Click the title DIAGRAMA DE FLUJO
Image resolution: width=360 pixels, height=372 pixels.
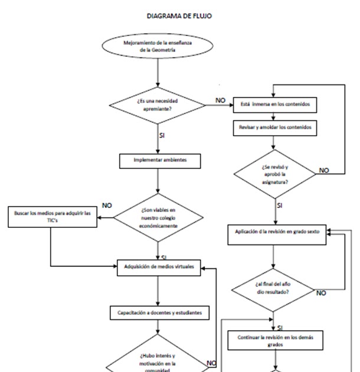179,17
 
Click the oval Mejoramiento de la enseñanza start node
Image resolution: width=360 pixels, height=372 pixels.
157,47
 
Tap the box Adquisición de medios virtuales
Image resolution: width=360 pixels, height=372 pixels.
159,267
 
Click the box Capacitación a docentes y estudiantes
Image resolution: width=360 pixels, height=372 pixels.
159,312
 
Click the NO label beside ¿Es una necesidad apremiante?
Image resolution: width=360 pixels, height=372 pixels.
220,101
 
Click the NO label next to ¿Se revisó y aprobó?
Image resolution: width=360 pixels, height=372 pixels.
324,170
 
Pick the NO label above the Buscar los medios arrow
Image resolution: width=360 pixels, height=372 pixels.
107,205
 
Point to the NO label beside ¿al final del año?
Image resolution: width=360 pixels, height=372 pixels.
322,292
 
